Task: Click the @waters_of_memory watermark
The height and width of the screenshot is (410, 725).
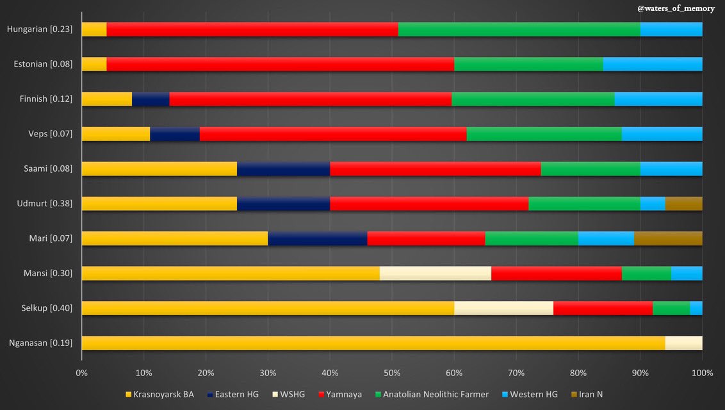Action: [x=675, y=8]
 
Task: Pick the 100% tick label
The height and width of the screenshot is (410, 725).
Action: [x=702, y=373]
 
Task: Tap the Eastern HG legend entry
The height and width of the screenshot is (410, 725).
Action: [x=234, y=394]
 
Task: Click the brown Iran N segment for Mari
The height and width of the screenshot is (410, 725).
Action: [x=668, y=238]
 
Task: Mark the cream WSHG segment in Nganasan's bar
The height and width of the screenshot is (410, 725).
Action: [x=683, y=343]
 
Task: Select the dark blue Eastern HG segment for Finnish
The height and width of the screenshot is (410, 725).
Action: [x=151, y=99]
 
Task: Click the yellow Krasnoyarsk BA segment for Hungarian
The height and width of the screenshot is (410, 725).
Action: [x=94, y=29]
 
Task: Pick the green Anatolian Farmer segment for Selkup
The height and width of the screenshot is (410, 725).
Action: [x=671, y=308]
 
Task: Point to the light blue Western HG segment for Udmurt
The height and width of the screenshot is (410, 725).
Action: [x=653, y=204]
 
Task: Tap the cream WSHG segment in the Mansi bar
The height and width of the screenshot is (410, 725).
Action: [x=435, y=273]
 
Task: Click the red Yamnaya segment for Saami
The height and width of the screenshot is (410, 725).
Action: [x=435, y=168]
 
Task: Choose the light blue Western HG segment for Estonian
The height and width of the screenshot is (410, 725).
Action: [x=653, y=64]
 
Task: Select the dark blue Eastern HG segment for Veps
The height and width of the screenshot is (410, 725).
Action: [x=175, y=134]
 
